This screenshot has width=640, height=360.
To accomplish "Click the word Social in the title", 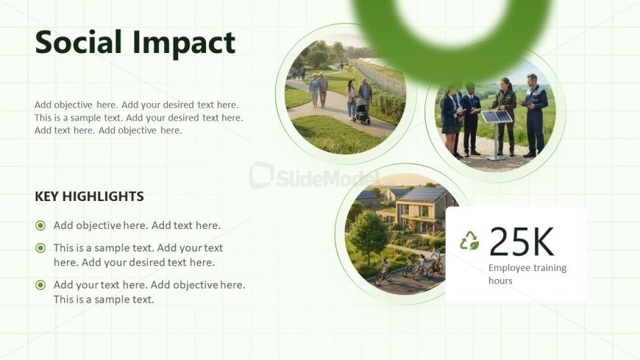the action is (x=79, y=42).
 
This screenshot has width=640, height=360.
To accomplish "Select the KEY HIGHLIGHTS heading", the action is (x=89, y=196).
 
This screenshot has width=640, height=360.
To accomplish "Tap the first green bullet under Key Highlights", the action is (x=40, y=225).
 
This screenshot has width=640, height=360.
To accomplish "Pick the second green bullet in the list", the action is (x=40, y=247).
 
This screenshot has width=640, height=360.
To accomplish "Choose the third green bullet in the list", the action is (x=40, y=285).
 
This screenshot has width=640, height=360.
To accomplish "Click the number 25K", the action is (x=522, y=241).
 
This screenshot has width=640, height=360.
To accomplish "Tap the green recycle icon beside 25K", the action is (x=469, y=241).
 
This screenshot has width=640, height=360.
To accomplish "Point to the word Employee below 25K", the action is (x=508, y=268).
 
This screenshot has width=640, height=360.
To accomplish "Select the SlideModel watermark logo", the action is (x=314, y=176).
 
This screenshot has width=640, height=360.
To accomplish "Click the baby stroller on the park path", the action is (x=361, y=111).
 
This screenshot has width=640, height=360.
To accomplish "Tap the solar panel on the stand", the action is (x=497, y=117).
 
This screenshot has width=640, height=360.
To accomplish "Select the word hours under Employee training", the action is (x=500, y=280).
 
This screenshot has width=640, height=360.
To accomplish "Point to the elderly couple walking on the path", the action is (x=319, y=90).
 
